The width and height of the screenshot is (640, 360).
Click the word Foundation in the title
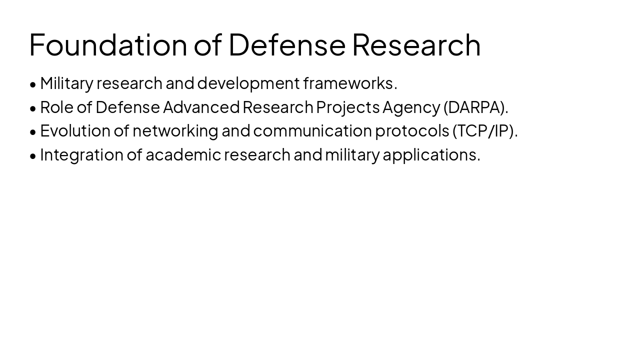[108, 44]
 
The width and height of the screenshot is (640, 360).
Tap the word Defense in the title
[287, 44]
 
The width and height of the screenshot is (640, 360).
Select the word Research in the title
[416, 44]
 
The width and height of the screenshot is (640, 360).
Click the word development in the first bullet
[248, 83]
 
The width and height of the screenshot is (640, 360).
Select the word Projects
[347, 107]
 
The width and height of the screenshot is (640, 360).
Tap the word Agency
[411, 107]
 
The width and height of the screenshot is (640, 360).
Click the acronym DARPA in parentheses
[475, 107]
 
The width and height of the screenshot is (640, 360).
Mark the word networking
[175, 130]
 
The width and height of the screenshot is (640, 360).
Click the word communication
[312, 130]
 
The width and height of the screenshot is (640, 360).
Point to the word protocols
[412, 130]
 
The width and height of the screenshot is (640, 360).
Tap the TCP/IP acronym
[485, 130]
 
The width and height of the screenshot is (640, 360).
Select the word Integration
[81, 154]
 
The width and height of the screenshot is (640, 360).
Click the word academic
[183, 154]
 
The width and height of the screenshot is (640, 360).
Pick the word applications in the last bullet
[431, 154]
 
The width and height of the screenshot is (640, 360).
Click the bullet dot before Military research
[33, 84]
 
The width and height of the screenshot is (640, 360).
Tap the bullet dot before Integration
[33, 155]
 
